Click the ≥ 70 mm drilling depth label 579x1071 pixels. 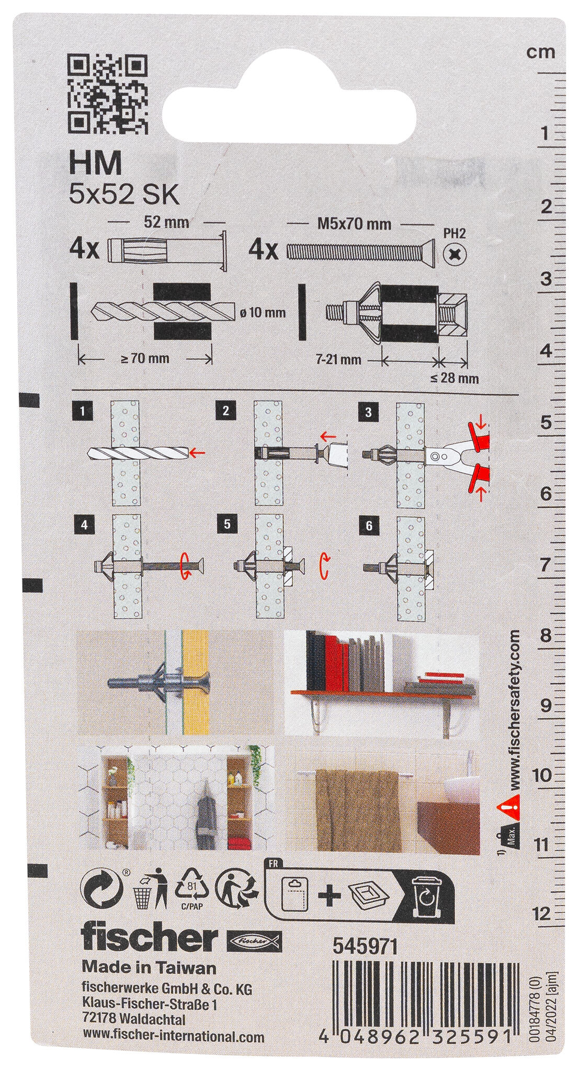coord(145,359)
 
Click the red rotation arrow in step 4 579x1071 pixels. coord(186,567)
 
